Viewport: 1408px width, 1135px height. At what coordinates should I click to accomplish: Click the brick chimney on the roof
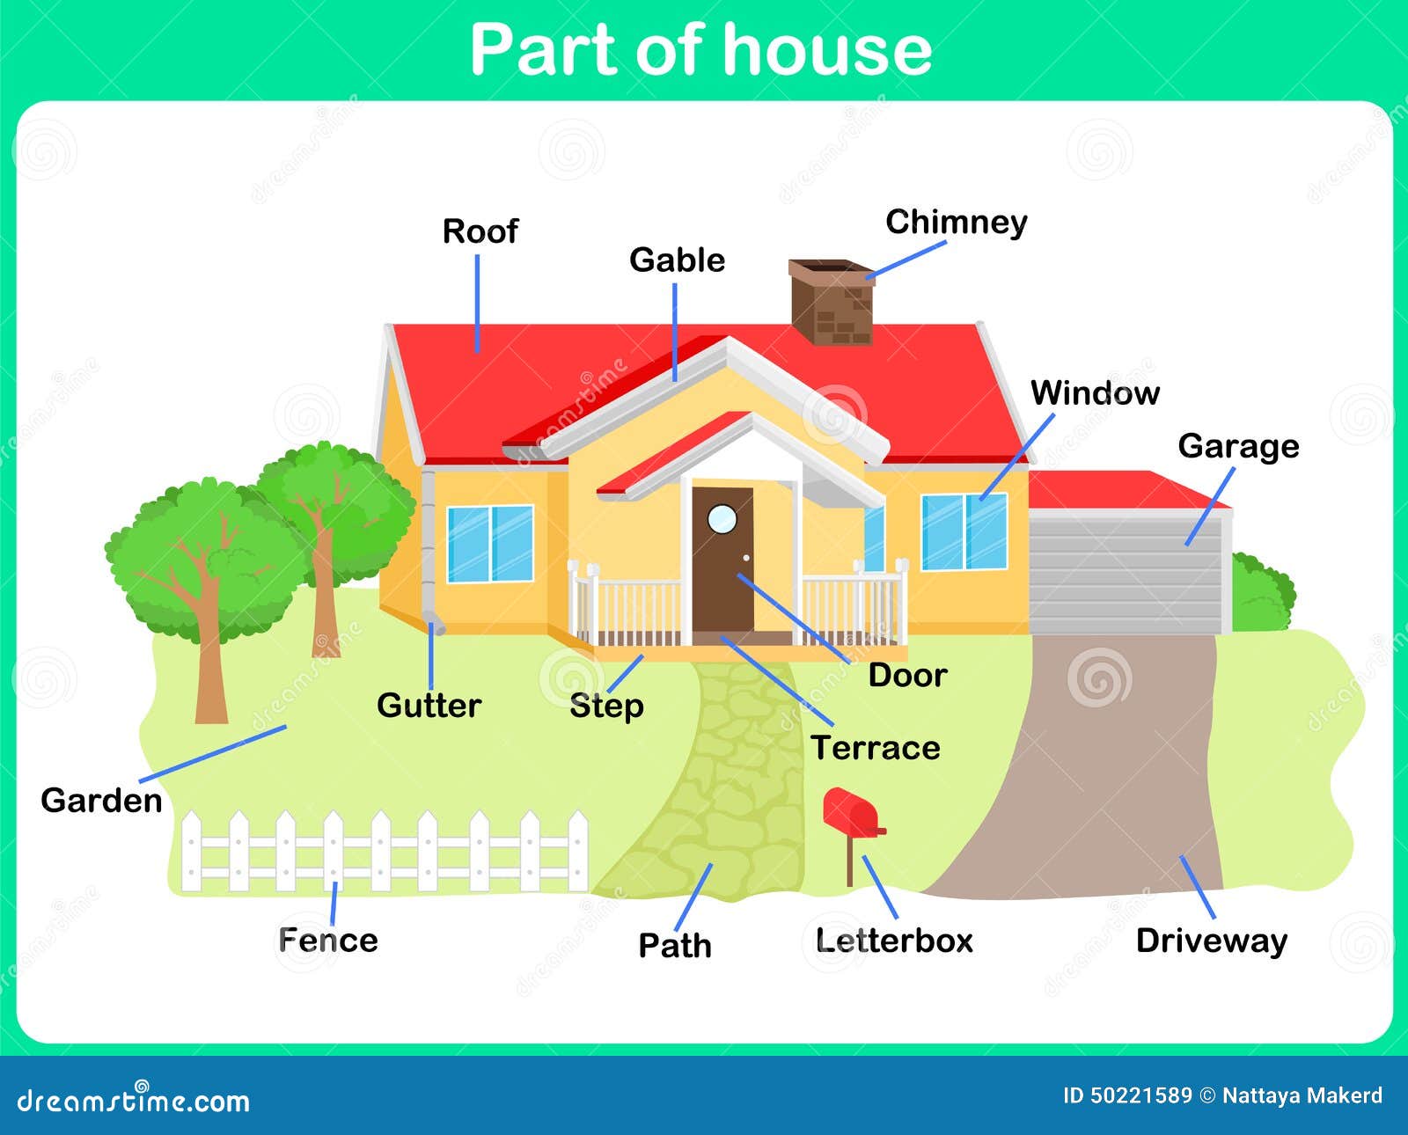coord(832,302)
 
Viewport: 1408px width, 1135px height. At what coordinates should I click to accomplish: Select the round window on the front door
coord(722,519)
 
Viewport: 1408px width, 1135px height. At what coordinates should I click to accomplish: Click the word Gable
coord(678,260)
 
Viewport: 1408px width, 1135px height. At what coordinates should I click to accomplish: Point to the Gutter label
coord(429,706)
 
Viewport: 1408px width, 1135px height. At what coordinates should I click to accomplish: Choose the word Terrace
coord(876,748)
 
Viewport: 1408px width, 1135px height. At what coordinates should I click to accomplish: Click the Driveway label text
coord(1212,941)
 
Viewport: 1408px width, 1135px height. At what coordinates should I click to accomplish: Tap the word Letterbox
coord(894,941)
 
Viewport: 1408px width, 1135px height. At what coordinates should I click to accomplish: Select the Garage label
coord(1238,447)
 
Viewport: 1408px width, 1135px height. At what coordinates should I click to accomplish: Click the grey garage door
coord(1126,575)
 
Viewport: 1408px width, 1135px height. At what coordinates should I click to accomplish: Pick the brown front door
coord(722,560)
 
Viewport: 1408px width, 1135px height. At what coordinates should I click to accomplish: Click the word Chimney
coord(957,223)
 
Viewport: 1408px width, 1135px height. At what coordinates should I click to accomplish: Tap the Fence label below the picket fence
coord(328,940)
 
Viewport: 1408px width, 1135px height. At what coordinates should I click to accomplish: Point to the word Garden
coord(101,800)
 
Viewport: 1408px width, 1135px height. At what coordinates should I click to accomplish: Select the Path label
coord(675,945)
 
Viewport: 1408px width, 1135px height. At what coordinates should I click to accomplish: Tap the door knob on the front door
coord(746,558)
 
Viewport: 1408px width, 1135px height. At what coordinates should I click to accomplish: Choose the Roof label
coord(480,231)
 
